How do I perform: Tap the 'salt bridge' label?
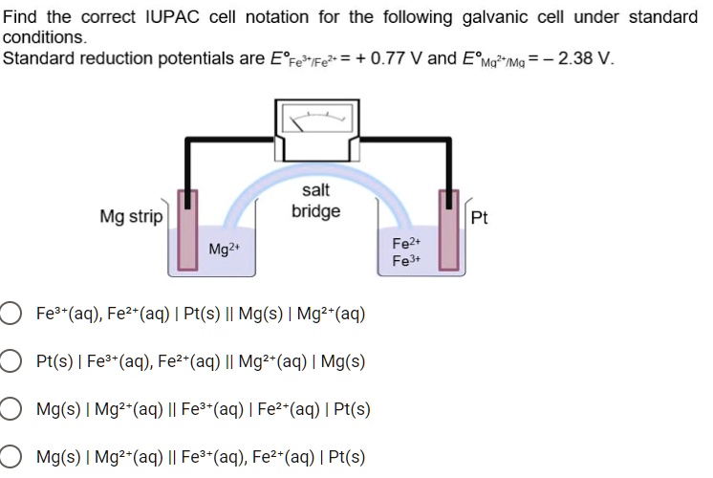point(315,202)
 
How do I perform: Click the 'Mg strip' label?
point(131,217)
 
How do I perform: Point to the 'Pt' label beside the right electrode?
point(480,218)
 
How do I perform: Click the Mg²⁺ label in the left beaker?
point(224,250)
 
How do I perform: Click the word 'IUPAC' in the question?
point(173,17)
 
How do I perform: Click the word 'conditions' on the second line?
point(43,37)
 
